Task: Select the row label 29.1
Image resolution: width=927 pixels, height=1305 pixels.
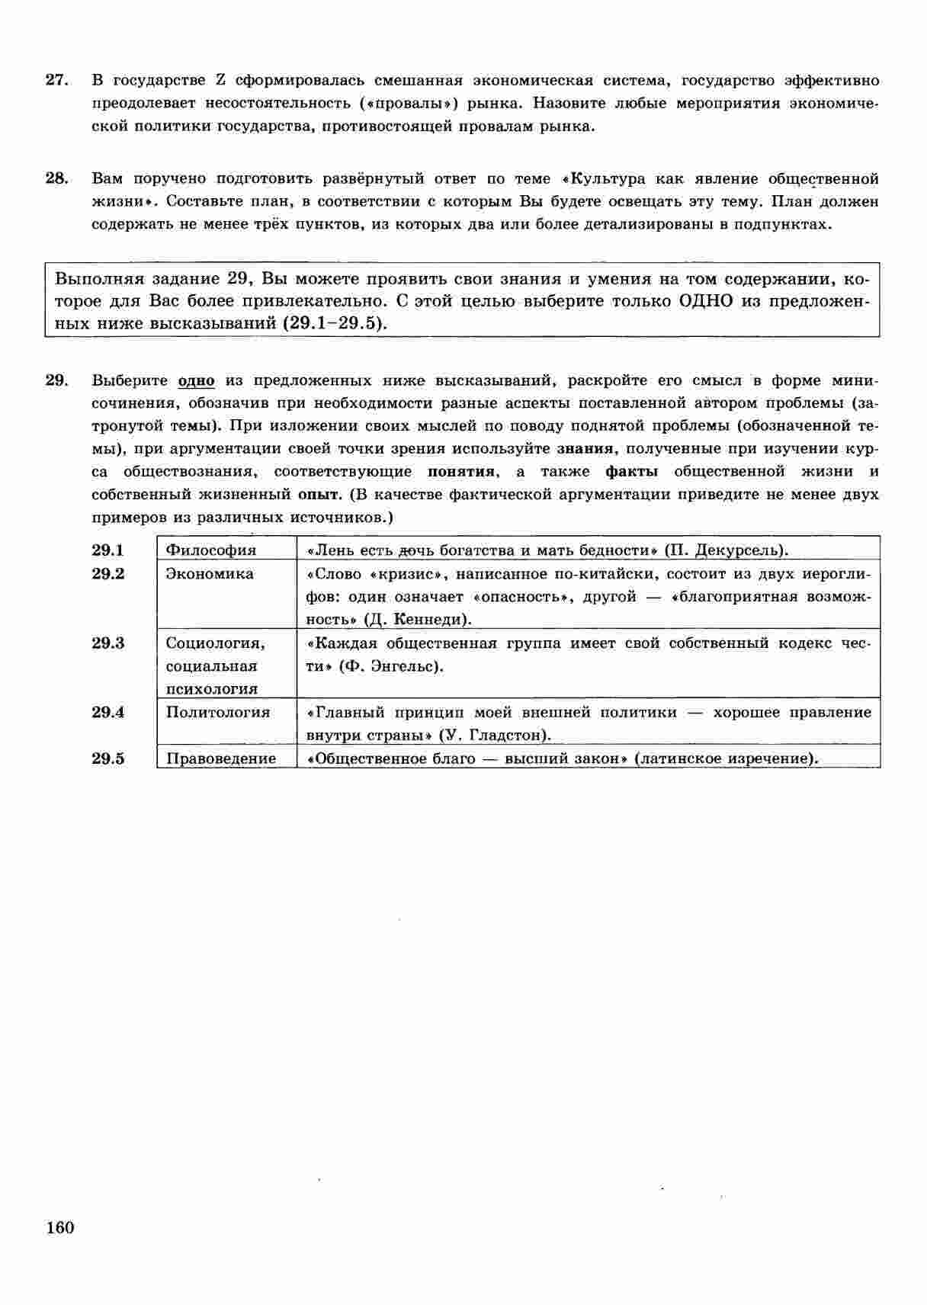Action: pyautogui.click(x=107, y=550)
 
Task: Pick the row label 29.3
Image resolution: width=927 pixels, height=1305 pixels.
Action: pyautogui.click(x=107, y=643)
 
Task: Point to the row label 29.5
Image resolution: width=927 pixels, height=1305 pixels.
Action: pyautogui.click(x=107, y=758)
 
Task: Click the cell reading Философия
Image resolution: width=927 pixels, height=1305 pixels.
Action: pyautogui.click(x=211, y=550)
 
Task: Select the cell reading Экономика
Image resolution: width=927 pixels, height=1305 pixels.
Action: pyautogui.click(x=210, y=573)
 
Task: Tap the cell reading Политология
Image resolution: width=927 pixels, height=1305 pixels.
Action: pyautogui.click(x=218, y=712)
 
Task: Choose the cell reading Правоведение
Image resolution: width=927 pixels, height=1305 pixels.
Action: pyautogui.click(x=221, y=758)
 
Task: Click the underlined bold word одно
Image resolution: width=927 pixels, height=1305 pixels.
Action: pyautogui.click(x=196, y=380)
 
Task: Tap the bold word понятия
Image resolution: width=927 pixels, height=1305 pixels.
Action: pyautogui.click(x=460, y=471)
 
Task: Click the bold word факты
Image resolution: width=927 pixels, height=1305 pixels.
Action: pyautogui.click(x=631, y=471)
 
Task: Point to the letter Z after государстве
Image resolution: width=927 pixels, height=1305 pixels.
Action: pyautogui.click(x=220, y=81)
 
